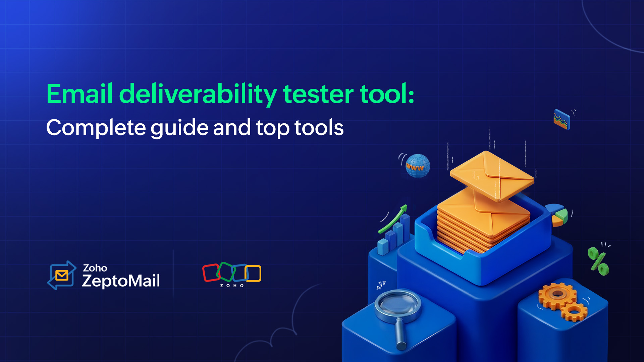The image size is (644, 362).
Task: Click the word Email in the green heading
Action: coord(79,94)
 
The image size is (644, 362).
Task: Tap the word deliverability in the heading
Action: coord(198,94)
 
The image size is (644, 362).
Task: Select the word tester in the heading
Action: coord(318,94)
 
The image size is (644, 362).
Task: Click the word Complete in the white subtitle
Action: coord(96,128)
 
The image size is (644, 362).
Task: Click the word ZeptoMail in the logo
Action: coord(121,281)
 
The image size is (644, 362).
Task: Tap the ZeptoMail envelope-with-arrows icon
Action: coord(62,275)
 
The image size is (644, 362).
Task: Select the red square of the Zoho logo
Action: coord(211,273)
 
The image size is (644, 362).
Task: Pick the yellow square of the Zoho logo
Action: coord(253,273)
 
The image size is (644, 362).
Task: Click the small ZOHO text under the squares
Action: coord(232,286)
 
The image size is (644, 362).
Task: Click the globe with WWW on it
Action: coord(417,166)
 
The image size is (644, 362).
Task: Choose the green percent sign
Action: coord(599,261)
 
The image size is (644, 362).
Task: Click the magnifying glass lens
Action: coord(398,305)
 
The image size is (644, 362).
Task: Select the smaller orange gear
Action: coord(574,312)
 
